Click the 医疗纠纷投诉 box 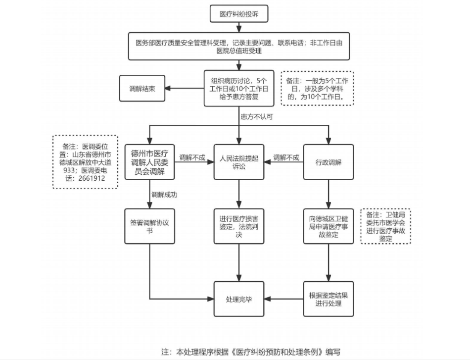coord(239,14)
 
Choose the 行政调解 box coord(329,162)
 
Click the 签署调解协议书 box coord(149,226)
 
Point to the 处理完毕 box coord(239,299)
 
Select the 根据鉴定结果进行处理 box coord(329,299)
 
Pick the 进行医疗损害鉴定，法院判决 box coord(239,226)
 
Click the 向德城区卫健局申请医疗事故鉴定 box coord(329,226)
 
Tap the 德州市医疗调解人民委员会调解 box coord(149,162)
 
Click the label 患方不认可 coord(257,117)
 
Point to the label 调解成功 coord(164,195)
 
